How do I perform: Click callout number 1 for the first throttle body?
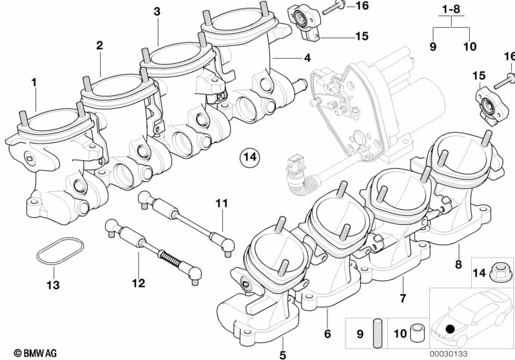(34, 82)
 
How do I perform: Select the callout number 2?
(100, 45)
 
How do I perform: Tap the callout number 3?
(157, 12)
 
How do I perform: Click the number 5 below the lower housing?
(282, 353)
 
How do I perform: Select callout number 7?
(403, 298)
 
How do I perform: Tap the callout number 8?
(458, 263)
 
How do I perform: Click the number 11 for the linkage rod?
(222, 204)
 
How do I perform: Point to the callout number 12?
(139, 282)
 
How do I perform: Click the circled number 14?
(249, 156)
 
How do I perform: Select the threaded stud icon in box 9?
(378, 333)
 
